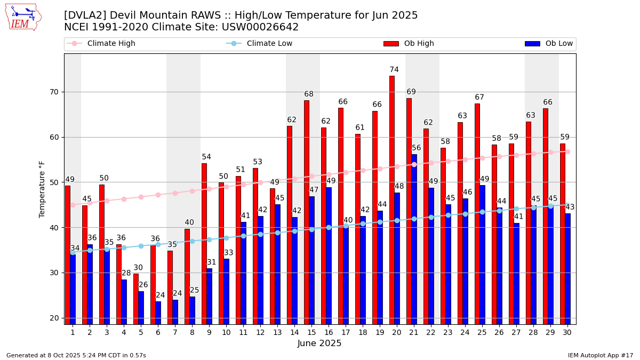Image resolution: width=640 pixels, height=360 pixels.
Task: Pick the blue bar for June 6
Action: (158, 313)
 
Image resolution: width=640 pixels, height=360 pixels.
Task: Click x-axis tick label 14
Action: (294, 332)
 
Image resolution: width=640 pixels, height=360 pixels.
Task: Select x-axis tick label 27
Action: (516, 332)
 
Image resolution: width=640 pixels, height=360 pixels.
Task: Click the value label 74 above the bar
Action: (394, 70)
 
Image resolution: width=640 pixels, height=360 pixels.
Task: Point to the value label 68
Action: (309, 94)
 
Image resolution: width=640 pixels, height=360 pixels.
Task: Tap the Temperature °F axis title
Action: (43, 189)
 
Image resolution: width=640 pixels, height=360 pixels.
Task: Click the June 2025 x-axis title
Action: (319, 343)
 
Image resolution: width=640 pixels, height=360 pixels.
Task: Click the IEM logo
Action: (23, 17)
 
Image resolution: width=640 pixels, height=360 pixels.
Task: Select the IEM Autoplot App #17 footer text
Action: (601, 355)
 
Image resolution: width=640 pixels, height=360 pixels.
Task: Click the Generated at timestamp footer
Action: (76, 355)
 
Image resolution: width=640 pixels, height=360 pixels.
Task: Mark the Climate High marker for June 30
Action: (567, 151)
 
